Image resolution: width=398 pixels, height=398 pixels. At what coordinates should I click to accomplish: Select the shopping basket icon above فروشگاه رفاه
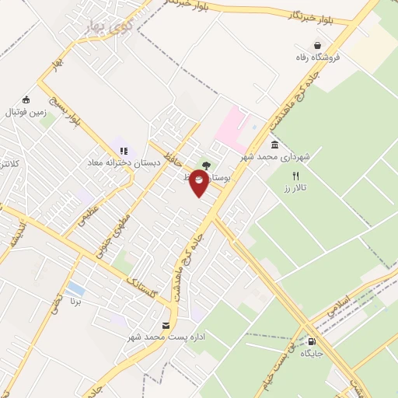click(x=317, y=44)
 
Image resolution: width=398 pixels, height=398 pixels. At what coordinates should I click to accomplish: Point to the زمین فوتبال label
click(x=27, y=112)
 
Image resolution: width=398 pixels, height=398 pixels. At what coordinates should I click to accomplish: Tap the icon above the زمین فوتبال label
click(x=26, y=99)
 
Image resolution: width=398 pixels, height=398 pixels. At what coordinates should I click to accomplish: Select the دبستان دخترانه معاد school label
click(x=123, y=164)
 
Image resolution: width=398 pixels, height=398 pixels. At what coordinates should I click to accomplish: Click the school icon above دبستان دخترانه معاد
click(x=123, y=151)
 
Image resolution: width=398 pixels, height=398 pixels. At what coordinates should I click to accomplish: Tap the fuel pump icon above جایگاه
click(x=312, y=340)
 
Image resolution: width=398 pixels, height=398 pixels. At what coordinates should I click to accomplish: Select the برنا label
click(x=75, y=301)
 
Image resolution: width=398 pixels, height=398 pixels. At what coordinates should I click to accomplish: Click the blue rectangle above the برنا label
click(x=75, y=288)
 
